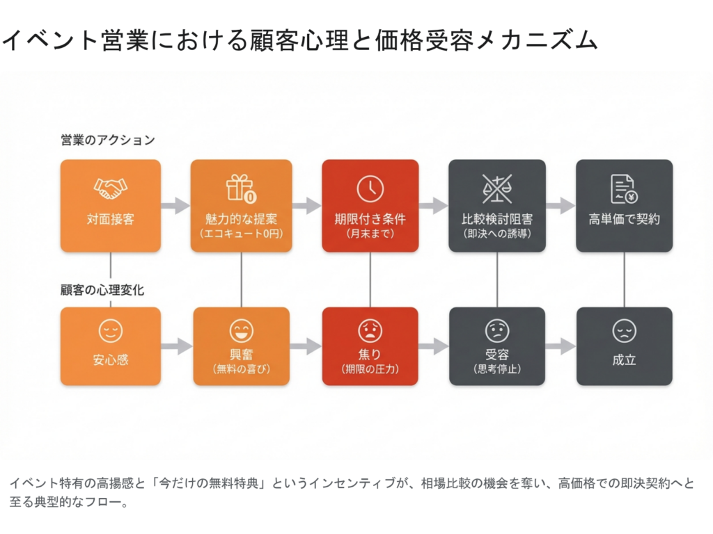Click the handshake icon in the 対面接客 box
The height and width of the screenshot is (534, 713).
click(111, 188)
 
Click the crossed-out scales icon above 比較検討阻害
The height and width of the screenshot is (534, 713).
click(496, 188)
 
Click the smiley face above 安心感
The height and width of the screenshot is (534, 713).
click(111, 331)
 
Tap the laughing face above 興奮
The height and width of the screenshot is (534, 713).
click(241, 331)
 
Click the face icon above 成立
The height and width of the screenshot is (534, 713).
click(624, 331)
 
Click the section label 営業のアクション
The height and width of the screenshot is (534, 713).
click(107, 140)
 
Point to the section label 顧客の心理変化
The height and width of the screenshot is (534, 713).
click(102, 290)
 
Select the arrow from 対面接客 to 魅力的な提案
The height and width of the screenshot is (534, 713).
click(175, 205)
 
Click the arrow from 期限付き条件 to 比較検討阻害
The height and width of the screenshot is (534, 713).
click(433, 205)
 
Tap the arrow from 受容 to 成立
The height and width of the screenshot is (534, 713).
click(561, 346)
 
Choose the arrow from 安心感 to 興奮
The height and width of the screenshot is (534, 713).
click(175, 346)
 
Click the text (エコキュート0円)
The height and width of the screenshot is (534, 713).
click(241, 234)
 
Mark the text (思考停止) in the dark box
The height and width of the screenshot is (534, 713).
click(496, 369)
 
